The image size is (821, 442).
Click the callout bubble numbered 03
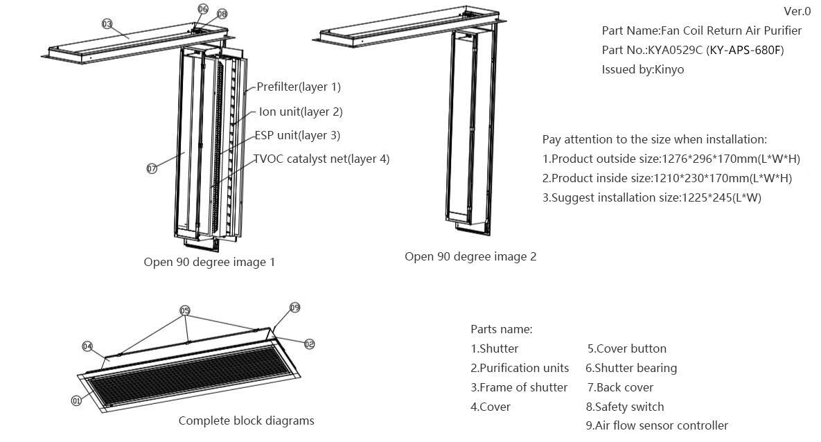pyautogui.click(x=107, y=24)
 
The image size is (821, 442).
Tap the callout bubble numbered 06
pyautogui.click(x=202, y=9)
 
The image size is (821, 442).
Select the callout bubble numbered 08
pyautogui.click(x=222, y=14)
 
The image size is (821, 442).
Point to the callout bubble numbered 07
pyautogui.click(x=152, y=168)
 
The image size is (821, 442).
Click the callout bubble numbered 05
pyautogui.click(x=185, y=310)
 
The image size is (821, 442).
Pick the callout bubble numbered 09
pyautogui.click(x=294, y=308)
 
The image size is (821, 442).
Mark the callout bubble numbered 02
pyautogui.click(x=309, y=344)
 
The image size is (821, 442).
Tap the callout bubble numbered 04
pyautogui.click(x=87, y=346)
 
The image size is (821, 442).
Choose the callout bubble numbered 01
pyautogui.click(x=76, y=400)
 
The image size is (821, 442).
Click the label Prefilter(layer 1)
pyautogui.click(x=299, y=87)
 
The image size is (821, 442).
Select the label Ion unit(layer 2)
pyautogui.click(x=301, y=112)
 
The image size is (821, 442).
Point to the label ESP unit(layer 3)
pyautogui.click(x=297, y=135)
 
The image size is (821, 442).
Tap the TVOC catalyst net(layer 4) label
pyautogui.click(x=321, y=159)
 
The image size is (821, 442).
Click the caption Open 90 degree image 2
pyautogui.click(x=470, y=256)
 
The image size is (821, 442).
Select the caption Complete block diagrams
pyautogui.click(x=246, y=421)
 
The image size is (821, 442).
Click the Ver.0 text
pyautogui.click(x=797, y=11)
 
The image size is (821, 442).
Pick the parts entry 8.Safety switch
pyautogui.click(x=624, y=407)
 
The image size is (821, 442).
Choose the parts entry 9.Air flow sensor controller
pyautogui.click(x=656, y=425)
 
